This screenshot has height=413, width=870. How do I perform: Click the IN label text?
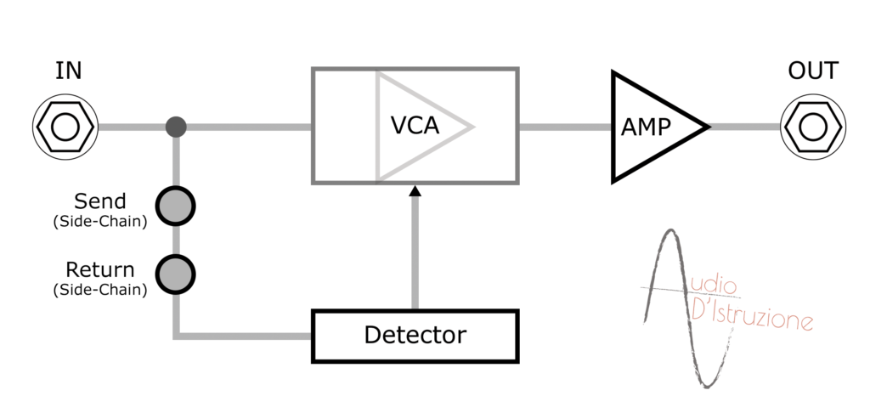pyautogui.click(x=68, y=71)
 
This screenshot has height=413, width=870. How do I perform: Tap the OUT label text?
pyautogui.click(x=813, y=71)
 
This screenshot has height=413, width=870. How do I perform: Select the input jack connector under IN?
pyautogui.click(x=65, y=127)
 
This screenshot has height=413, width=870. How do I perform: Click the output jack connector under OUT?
pyautogui.click(x=813, y=127)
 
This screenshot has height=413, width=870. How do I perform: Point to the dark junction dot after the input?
pyautogui.click(x=176, y=127)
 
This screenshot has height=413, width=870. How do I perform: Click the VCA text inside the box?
pyautogui.click(x=415, y=126)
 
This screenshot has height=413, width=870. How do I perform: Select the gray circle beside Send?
pyautogui.click(x=175, y=206)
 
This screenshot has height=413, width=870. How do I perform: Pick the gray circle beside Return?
pyautogui.click(x=175, y=274)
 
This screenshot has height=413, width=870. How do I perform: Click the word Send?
pyautogui.click(x=100, y=201)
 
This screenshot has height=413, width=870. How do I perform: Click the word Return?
pyautogui.click(x=100, y=269)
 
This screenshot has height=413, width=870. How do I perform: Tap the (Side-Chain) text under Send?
pyautogui.click(x=100, y=222)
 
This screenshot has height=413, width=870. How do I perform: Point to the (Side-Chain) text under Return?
pyautogui.click(x=100, y=290)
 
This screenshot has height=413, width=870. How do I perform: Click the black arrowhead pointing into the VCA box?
pyautogui.click(x=415, y=191)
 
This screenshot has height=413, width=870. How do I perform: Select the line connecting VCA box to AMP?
pyautogui.click(x=565, y=127)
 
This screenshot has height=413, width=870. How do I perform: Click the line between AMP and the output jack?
pyautogui.click(x=745, y=127)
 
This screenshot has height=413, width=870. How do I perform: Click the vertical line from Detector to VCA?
pyautogui.click(x=415, y=252)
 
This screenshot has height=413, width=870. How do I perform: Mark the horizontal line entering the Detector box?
pyautogui.click(x=244, y=336)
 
